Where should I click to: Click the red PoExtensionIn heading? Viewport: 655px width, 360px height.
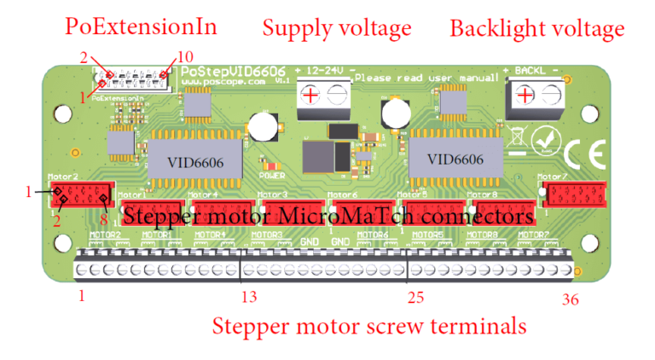click(141, 26)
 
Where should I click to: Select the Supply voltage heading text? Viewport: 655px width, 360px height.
click(336, 28)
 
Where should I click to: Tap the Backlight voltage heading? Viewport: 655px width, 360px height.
click(536, 29)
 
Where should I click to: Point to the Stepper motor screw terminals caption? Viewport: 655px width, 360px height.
click(368, 326)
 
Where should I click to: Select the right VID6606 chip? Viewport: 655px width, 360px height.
click(455, 160)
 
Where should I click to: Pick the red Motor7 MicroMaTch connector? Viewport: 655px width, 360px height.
click(575, 195)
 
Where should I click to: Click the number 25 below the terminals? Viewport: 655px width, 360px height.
click(415, 298)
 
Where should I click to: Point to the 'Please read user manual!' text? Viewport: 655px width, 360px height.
click(426, 78)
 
